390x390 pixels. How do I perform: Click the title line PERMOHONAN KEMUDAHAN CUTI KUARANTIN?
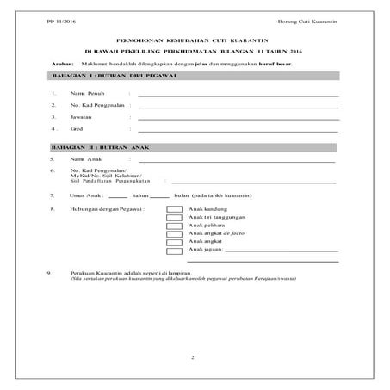(x=193, y=40)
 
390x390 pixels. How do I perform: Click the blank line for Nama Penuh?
(x=238, y=96)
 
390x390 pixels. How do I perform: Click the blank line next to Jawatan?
(x=238, y=118)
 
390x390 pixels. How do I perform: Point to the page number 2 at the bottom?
(x=194, y=356)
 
